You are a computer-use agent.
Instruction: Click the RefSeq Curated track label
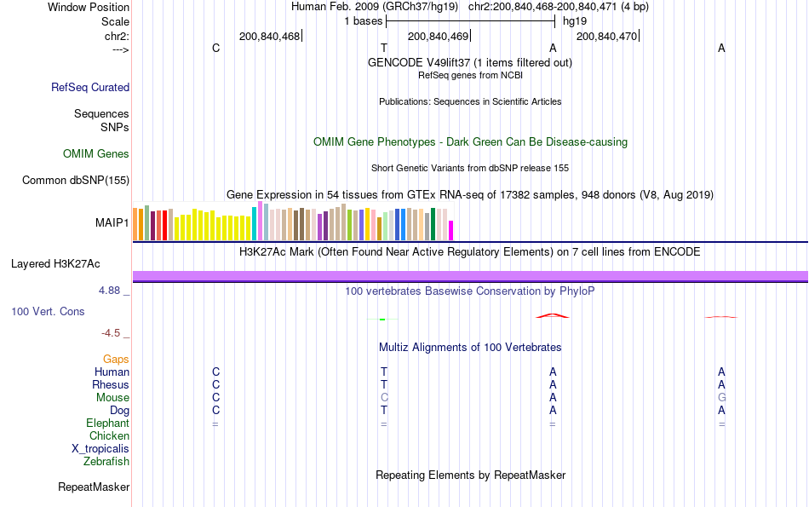coord(90,87)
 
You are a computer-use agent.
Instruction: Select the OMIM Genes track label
coord(96,154)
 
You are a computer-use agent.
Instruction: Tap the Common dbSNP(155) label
coord(76,181)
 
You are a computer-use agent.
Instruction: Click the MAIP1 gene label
coord(112,223)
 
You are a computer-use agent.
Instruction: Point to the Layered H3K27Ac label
coord(70,264)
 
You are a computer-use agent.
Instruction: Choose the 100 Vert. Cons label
coord(48,312)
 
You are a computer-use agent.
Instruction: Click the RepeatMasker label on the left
coord(94,487)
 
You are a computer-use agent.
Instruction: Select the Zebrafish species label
coord(106,462)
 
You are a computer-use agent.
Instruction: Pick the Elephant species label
coord(107,423)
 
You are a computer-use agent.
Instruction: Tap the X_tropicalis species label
coord(100,449)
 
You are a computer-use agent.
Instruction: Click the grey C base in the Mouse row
coord(384,398)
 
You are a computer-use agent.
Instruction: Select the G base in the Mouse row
coord(721,398)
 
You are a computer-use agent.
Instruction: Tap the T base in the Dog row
coord(384,411)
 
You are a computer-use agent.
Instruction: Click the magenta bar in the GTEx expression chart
coord(451,230)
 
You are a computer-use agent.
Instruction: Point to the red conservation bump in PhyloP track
coord(552,316)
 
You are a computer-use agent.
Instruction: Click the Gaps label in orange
coord(116,360)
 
